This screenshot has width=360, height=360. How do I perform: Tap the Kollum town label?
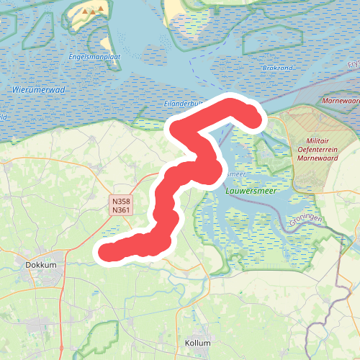point(197,343)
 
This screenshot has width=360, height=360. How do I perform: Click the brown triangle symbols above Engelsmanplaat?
point(91,12)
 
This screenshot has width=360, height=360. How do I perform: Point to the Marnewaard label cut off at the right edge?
point(341,102)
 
